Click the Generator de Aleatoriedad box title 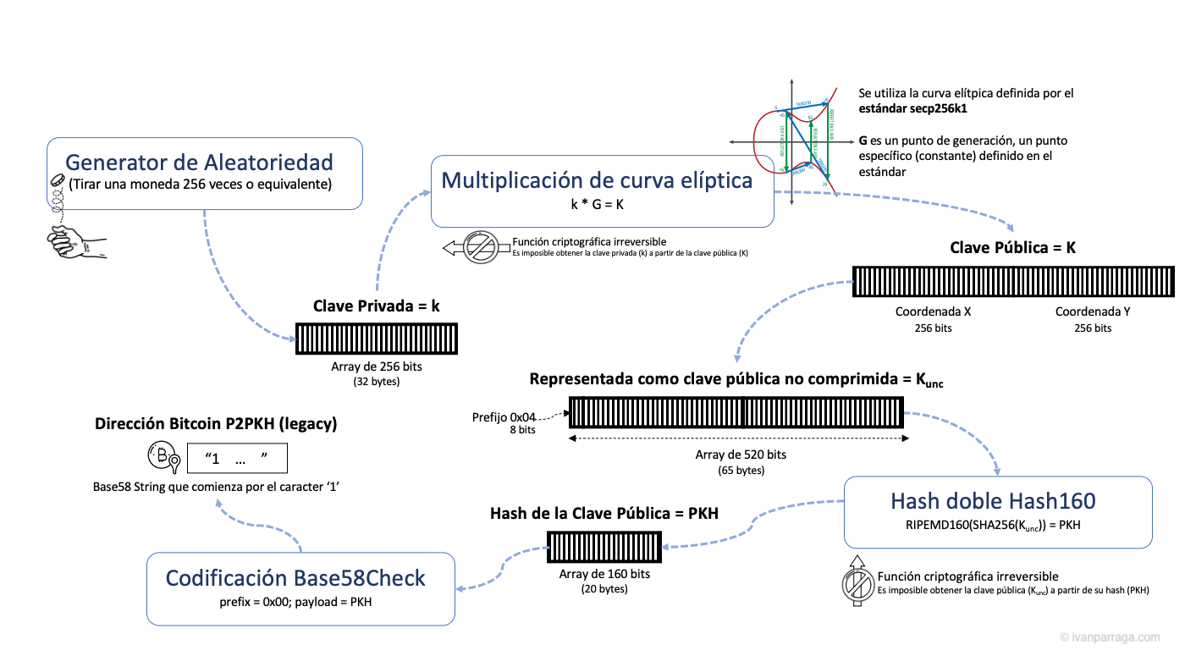(x=199, y=162)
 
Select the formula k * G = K (x=602, y=205)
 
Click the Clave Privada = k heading (x=377, y=306)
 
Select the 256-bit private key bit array (x=377, y=339)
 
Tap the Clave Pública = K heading (x=1012, y=247)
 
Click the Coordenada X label (x=933, y=311)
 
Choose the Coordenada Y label (x=1092, y=311)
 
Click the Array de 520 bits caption (x=740, y=455)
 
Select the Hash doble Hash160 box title (x=993, y=501)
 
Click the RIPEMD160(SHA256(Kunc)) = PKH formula (x=993, y=525)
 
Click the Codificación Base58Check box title (x=295, y=578)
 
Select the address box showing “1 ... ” (x=237, y=458)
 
